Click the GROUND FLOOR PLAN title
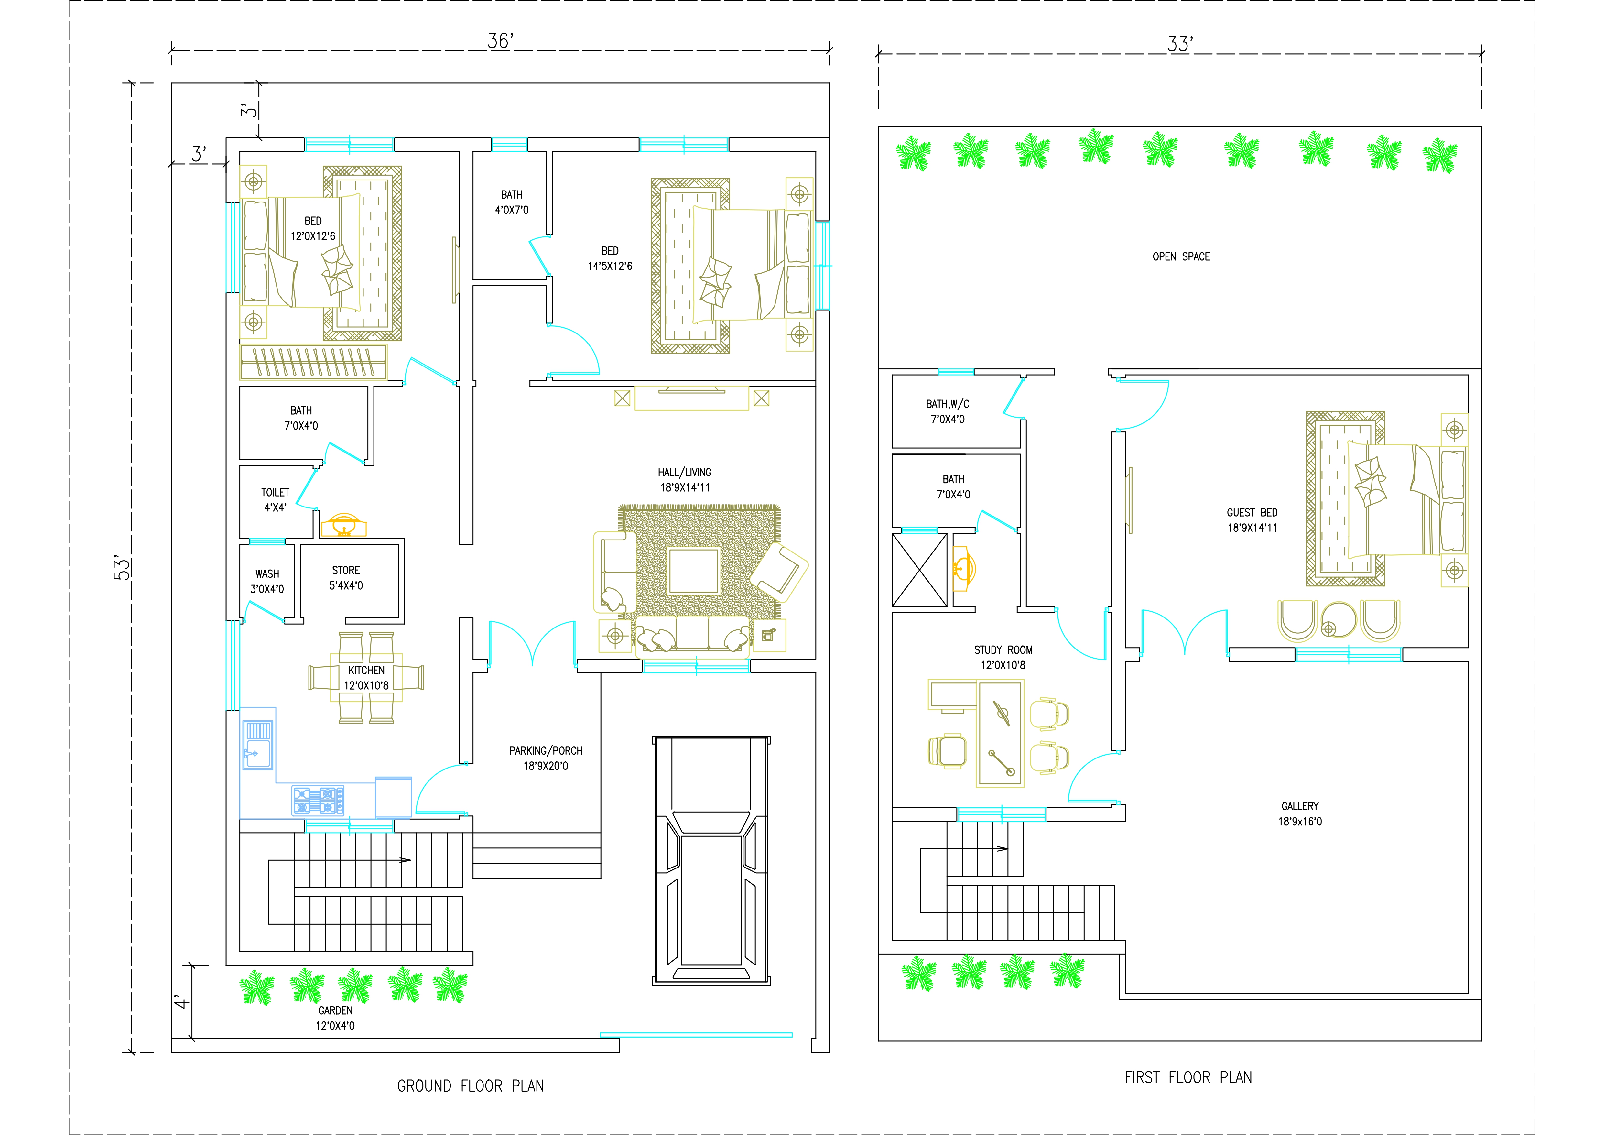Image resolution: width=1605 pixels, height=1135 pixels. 471,1086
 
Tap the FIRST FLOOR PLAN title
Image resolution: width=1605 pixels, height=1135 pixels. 1188,1078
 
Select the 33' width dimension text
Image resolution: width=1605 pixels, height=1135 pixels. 1180,44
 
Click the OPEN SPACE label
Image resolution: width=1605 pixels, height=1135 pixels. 1181,256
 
